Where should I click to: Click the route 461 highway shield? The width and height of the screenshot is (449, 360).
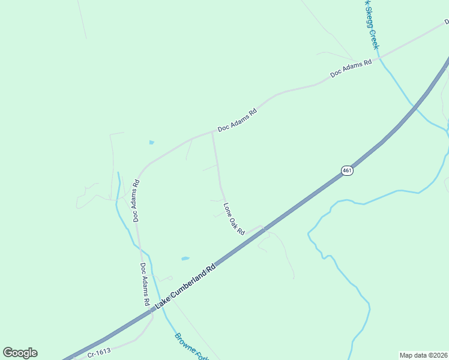point(347,170)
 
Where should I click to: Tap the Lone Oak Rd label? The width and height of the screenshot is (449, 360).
point(234,219)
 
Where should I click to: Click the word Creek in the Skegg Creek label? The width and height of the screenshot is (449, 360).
point(375,40)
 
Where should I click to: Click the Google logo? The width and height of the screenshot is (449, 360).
point(20,353)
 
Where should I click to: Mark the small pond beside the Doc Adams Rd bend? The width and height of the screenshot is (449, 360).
point(151,143)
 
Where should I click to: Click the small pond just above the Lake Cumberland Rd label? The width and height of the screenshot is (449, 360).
point(185,259)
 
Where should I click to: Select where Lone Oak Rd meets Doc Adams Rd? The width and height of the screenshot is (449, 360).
point(212,132)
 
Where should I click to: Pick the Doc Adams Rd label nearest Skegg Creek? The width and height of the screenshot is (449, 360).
point(351,67)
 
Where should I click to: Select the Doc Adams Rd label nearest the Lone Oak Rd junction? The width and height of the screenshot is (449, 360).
point(237,120)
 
